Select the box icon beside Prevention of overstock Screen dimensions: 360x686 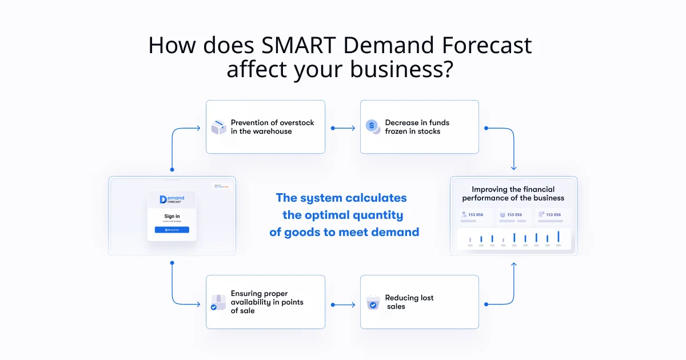coord(219,127)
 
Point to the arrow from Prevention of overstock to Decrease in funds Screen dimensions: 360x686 coord(342,128)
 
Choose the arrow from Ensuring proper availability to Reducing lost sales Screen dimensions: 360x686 coord(342,305)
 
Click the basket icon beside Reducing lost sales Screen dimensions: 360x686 coord(373,302)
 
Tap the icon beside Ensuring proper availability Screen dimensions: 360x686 coord(218,302)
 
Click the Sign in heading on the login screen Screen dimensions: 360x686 coord(171,217)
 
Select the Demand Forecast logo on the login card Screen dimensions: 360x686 coord(171,199)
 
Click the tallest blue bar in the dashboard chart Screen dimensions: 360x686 coord(558,237)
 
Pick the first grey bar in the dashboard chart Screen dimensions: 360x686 coord(470,240)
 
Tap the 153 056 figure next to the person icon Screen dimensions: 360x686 coord(476,215)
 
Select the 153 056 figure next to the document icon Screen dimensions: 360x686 coord(553,215)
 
